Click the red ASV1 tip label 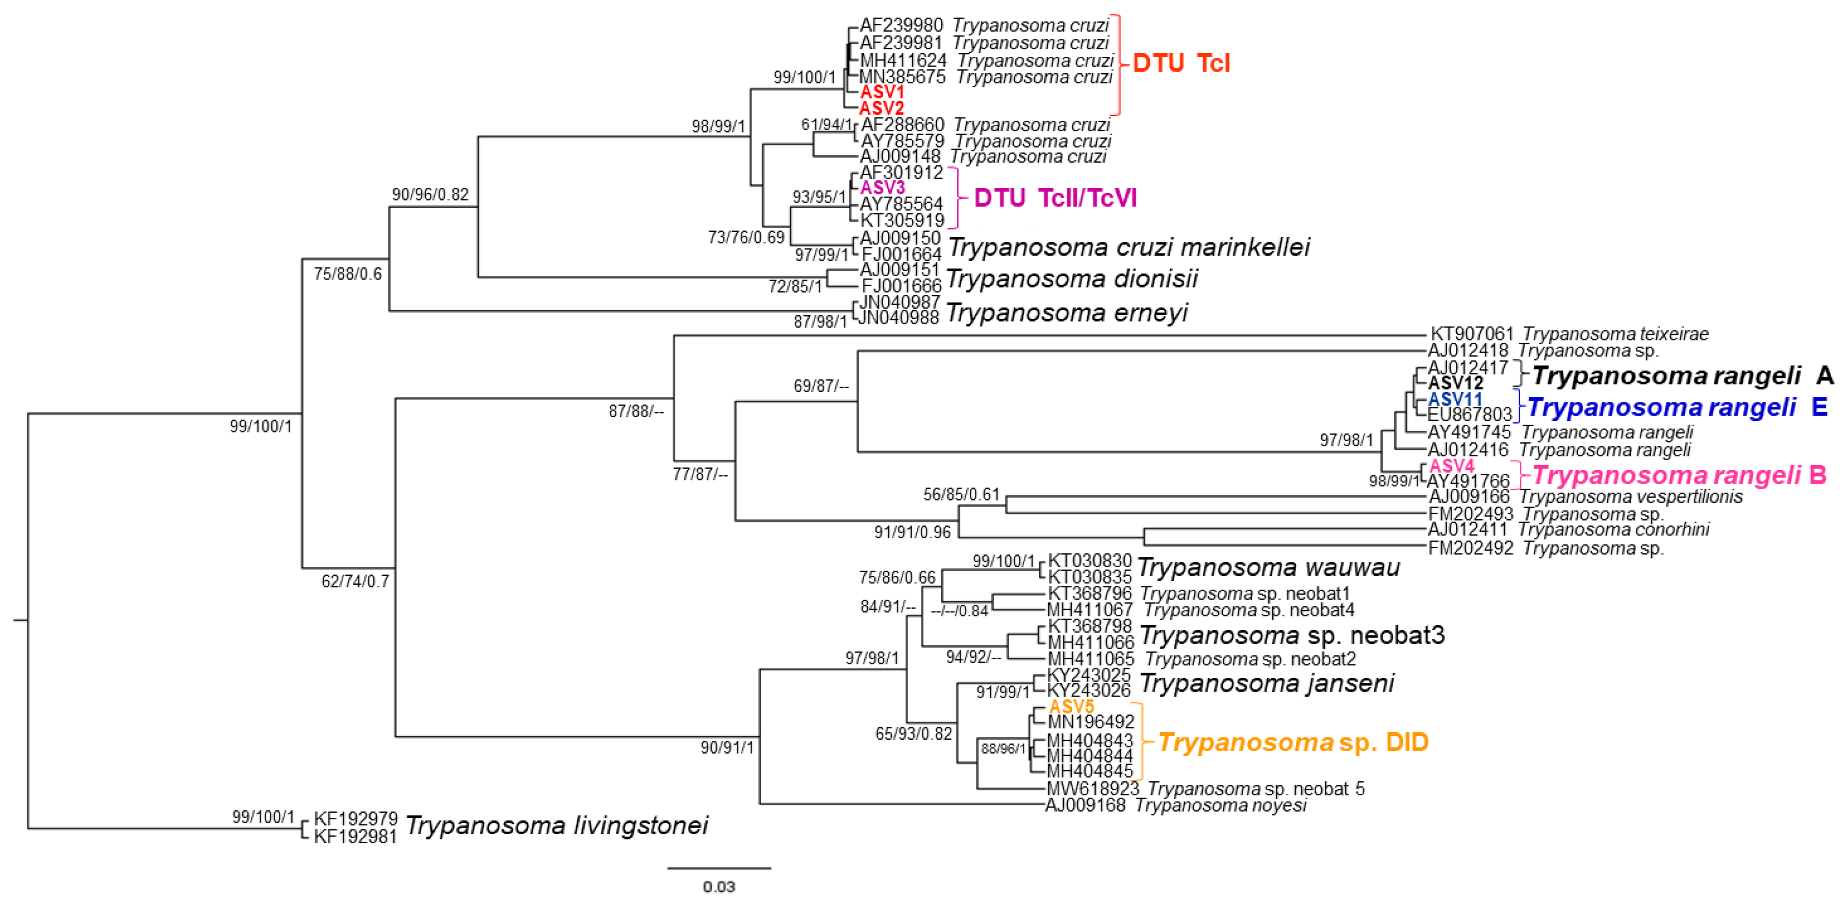click(x=882, y=92)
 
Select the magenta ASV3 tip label click(x=882, y=187)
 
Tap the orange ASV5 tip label click(x=1071, y=706)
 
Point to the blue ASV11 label click(x=1455, y=399)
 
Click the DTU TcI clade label click(x=1181, y=63)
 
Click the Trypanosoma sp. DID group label click(x=1293, y=742)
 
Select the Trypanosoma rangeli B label click(x=1678, y=475)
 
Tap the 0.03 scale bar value click(x=718, y=887)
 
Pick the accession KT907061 click(x=1471, y=334)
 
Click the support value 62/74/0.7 click(x=355, y=581)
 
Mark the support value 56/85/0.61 click(x=961, y=494)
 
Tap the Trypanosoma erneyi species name click(x=1066, y=312)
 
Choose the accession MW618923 click(x=1093, y=788)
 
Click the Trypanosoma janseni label click(x=1266, y=682)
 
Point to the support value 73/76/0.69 click(x=746, y=237)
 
